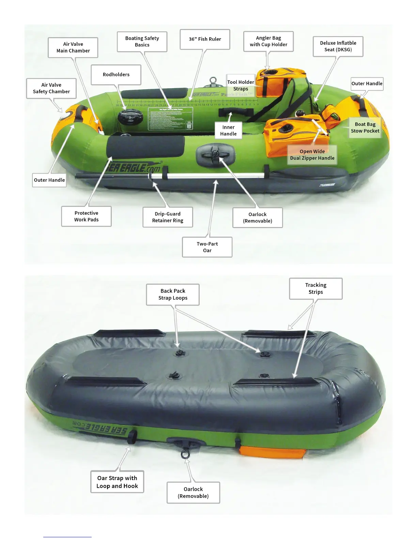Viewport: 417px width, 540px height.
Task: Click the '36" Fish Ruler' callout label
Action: [205, 39]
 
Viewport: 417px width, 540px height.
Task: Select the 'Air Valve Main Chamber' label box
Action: [73, 47]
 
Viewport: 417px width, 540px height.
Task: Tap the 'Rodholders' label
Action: [116, 75]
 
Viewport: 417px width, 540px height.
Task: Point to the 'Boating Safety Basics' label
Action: [142, 42]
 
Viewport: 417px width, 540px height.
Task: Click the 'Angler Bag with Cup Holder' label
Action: [268, 41]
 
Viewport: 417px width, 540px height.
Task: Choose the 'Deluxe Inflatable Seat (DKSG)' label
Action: [338, 46]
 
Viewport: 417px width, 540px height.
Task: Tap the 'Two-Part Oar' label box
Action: [207, 247]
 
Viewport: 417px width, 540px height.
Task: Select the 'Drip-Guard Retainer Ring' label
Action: [168, 217]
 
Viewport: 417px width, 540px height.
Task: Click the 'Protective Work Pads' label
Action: [86, 216]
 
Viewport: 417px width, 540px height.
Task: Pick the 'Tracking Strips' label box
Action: [315, 288]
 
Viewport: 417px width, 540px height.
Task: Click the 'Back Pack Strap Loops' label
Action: [173, 295]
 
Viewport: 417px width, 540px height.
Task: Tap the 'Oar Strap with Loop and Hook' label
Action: [117, 482]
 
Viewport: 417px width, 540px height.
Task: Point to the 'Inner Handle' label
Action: [228, 131]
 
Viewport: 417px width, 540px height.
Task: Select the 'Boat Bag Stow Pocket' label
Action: [365, 127]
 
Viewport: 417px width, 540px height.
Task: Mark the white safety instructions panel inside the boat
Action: [170, 119]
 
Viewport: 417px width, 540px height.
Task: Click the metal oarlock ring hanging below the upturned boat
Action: [185, 454]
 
